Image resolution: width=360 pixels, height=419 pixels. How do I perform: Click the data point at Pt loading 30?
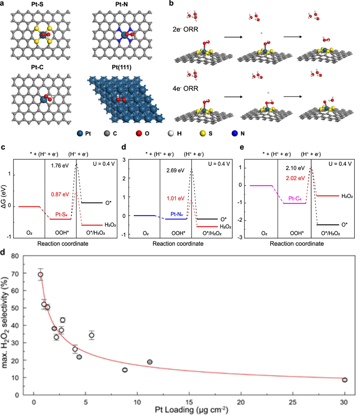pos(345,380)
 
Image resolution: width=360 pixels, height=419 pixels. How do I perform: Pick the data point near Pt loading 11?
pos(150,362)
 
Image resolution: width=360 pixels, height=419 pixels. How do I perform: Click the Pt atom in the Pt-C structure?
pos(45,98)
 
